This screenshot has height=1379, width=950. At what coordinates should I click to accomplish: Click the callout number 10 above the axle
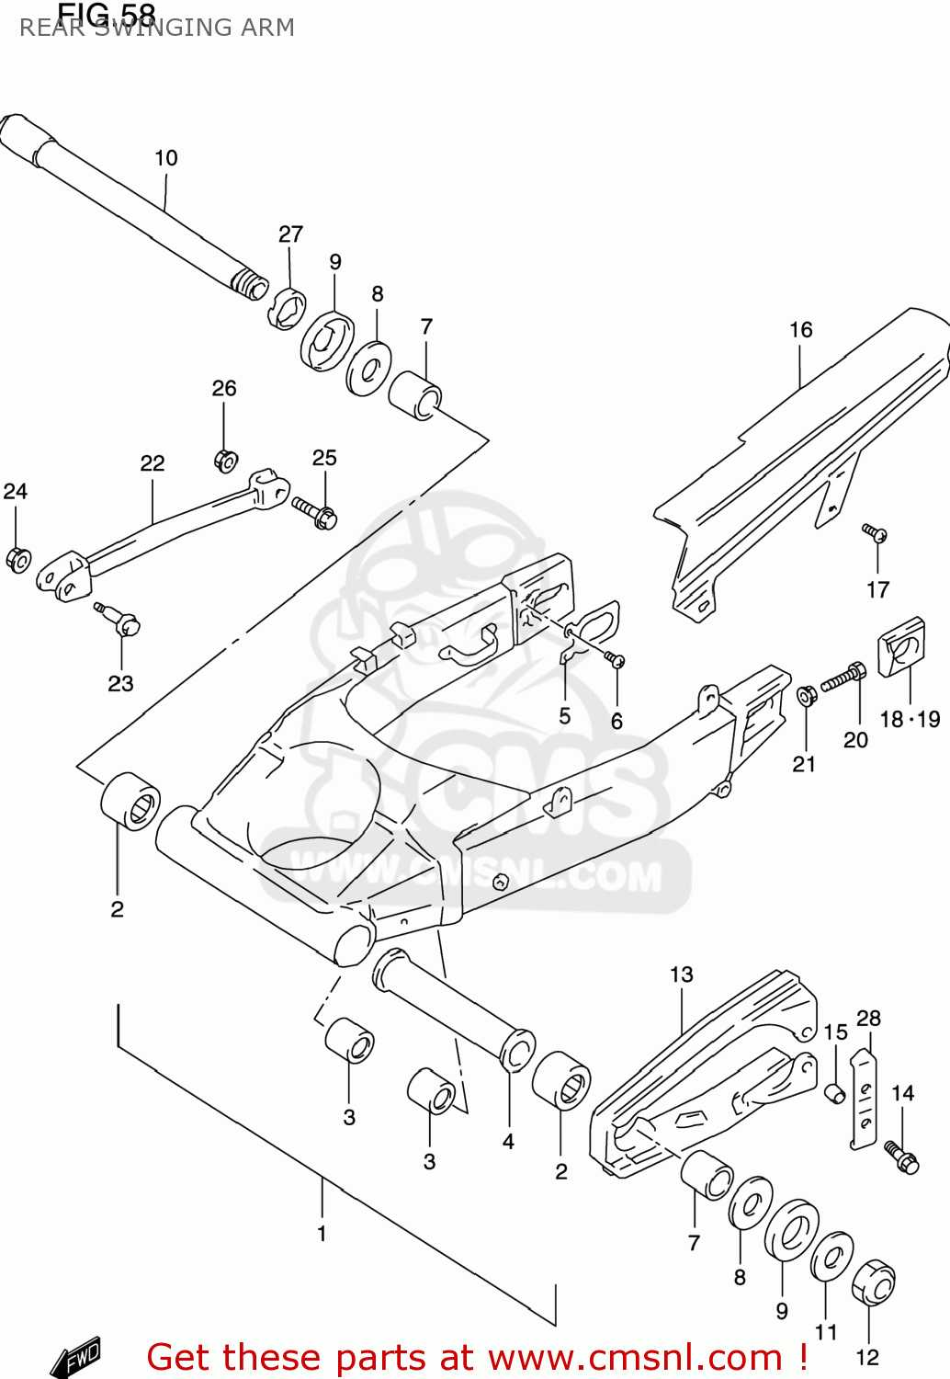click(x=165, y=158)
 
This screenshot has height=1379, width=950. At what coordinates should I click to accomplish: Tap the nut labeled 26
click(x=225, y=460)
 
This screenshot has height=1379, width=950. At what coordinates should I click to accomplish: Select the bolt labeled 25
click(x=315, y=512)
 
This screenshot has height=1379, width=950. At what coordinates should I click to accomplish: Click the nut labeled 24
click(x=18, y=559)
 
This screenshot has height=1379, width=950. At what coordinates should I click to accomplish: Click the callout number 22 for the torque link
click(x=153, y=463)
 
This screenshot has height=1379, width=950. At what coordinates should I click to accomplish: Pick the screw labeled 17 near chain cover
click(x=874, y=532)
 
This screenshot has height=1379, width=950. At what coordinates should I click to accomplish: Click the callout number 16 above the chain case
click(x=800, y=330)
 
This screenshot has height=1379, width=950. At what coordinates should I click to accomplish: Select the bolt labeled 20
click(x=843, y=678)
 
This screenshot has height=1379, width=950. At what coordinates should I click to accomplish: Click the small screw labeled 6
click(x=615, y=658)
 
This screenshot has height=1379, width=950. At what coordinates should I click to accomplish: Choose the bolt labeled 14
click(x=901, y=1157)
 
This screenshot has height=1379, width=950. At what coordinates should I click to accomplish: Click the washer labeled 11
click(x=831, y=1256)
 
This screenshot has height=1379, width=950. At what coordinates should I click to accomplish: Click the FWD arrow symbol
click(x=76, y=1357)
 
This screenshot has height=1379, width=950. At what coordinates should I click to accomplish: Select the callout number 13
click(x=681, y=974)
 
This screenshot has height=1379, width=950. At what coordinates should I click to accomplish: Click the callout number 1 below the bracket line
click(x=322, y=1234)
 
